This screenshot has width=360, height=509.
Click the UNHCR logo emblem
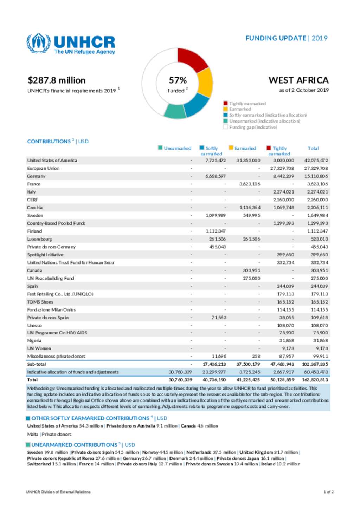click(39, 44)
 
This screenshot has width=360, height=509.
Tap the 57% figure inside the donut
click(178, 80)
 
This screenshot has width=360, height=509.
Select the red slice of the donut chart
click(192, 59)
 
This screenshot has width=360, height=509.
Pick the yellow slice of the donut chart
click(205, 83)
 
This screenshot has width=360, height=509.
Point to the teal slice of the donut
click(175, 111)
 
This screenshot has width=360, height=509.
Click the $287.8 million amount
click(57, 80)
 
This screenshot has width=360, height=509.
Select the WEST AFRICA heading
click(298, 80)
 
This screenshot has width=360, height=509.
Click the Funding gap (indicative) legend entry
click(253, 127)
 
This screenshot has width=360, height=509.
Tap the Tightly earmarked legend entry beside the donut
click(247, 104)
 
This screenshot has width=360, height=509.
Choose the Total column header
click(313, 148)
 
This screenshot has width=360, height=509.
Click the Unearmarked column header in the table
click(177, 148)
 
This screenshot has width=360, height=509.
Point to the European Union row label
click(43, 168)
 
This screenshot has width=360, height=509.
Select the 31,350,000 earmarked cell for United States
click(248, 161)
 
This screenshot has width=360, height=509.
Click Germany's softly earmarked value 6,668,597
click(216, 176)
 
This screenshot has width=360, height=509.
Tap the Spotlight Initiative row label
click(45, 255)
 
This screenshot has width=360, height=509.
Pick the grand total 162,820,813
click(315, 380)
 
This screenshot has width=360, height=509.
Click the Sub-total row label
click(37, 364)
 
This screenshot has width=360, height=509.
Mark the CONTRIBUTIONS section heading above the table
click(49, 142)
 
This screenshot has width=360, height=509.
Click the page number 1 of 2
click(328, 492)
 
